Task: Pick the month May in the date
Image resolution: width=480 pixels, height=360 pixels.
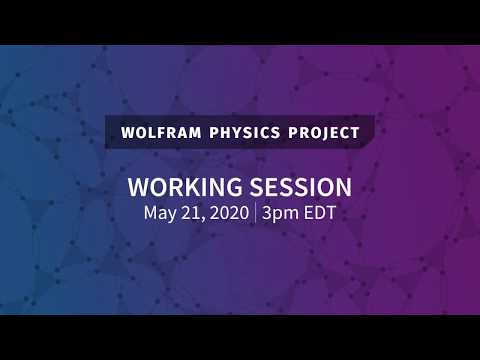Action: click(160, 212)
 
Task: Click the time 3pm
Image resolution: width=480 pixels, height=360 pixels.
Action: click(283, 212)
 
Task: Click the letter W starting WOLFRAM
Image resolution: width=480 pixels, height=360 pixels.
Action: click(127, 131)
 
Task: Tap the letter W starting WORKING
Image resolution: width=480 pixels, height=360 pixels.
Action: click(138, 187)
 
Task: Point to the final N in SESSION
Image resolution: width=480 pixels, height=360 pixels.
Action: click(342, 187)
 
